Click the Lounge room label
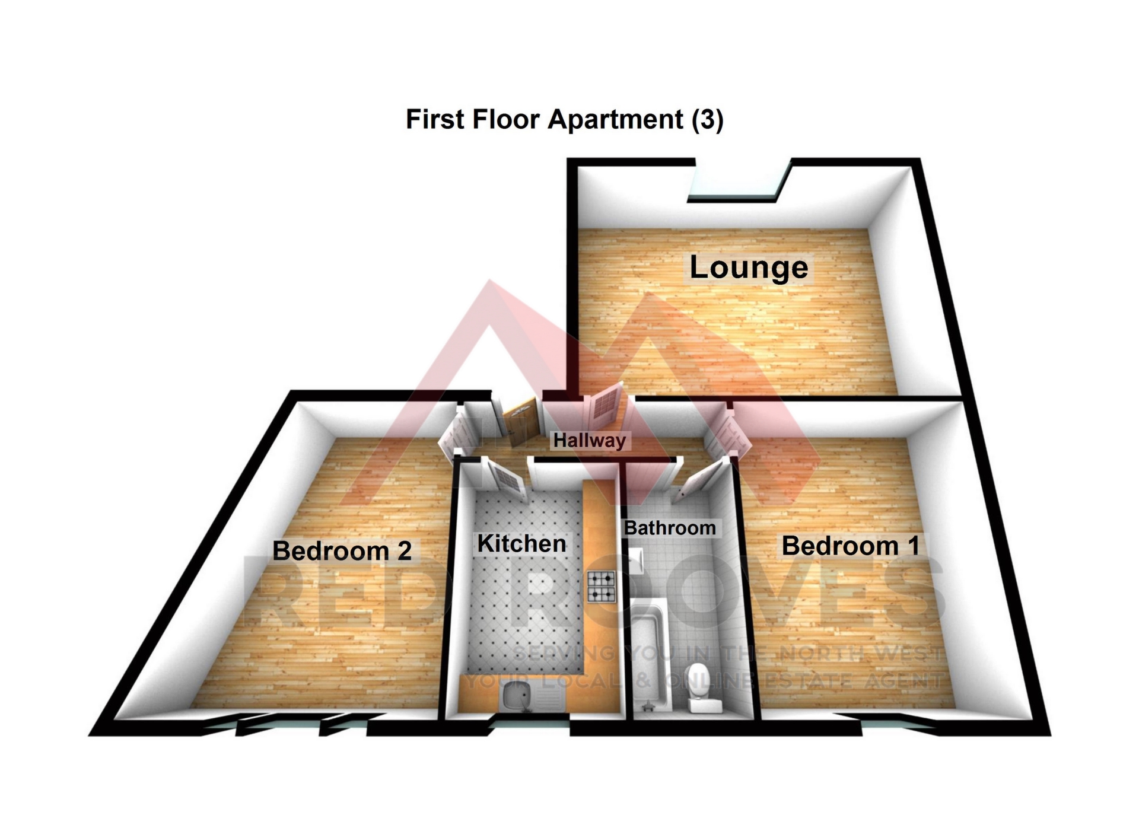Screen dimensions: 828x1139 point(748,268)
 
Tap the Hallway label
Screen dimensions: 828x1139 point(589,440)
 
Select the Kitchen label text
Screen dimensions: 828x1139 point(521,544)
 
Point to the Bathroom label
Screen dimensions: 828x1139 point(670,528)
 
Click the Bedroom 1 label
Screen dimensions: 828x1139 point(850,546)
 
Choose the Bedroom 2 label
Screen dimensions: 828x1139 point(342,551)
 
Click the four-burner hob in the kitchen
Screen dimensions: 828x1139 point(602,586)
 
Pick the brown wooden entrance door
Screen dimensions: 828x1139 point(521,422)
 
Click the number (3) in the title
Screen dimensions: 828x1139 point(708,119)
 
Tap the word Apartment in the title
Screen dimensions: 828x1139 point(615,119)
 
